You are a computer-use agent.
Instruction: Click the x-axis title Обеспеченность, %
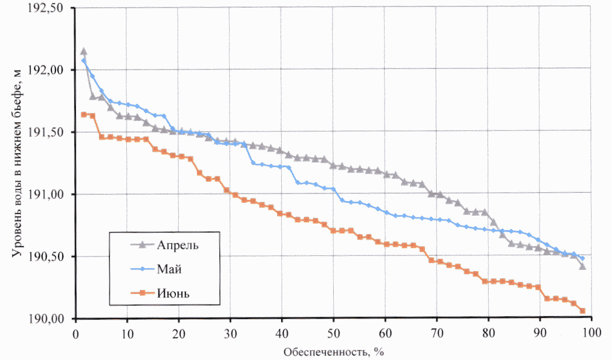tap(334, 352)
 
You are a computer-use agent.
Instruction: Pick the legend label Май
tap(170, 269)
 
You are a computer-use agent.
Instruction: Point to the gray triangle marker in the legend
tap(136, 245)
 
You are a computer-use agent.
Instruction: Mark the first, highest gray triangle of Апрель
tap(84, 51)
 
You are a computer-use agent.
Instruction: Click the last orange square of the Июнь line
tap(582, 311)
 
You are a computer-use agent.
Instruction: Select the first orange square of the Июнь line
tap(84, 115)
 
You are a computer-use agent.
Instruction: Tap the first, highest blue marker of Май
tap(84, 61)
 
